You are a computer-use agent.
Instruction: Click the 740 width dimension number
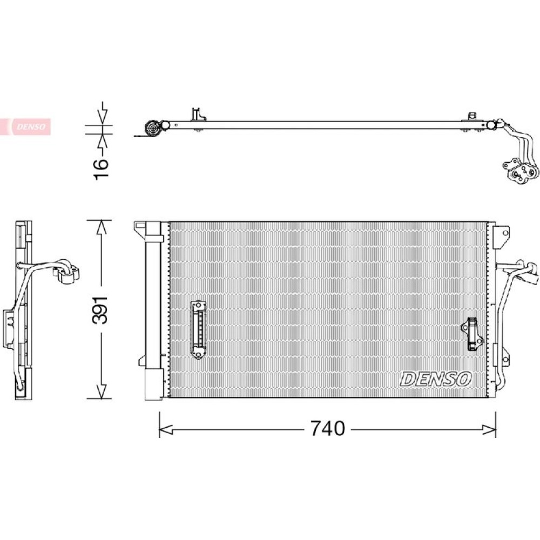328,428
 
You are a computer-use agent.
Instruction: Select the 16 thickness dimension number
101,168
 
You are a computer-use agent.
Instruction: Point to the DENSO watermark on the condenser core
435,379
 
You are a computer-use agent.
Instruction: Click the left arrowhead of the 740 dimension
165,429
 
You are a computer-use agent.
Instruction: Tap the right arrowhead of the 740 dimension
489,429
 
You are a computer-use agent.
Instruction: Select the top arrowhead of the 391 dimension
101,227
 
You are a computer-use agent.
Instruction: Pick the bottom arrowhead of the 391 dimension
101,391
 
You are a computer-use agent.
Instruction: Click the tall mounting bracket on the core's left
198,329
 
